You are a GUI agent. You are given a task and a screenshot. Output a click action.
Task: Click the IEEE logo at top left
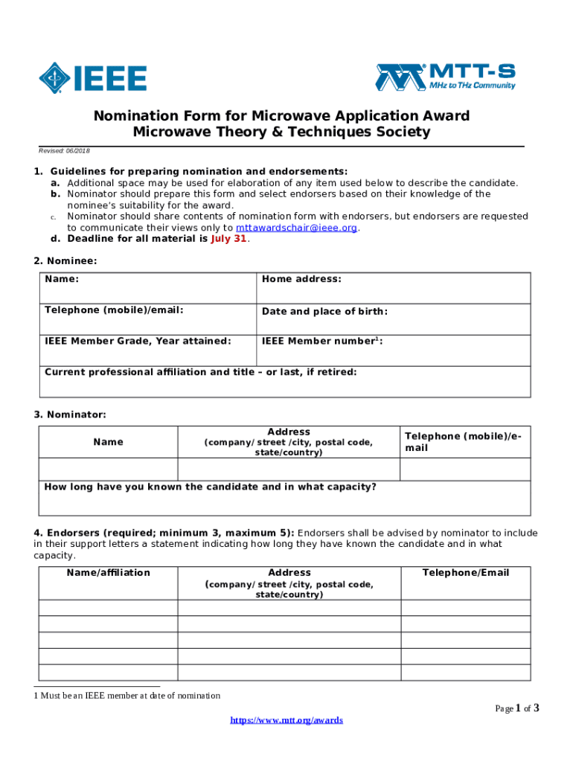(93, 77)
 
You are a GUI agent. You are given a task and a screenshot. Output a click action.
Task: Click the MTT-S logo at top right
(445, 77)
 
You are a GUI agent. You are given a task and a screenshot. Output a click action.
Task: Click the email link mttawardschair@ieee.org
(296, 228)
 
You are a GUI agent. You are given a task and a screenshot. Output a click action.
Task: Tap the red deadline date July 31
(228, 239)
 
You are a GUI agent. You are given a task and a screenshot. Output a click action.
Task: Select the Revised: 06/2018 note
(64, 150)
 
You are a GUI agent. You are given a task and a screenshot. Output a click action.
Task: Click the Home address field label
(301, 279)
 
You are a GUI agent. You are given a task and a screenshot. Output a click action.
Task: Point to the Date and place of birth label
(324, 311)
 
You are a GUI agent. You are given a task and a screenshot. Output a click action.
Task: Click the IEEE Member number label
(322, 341)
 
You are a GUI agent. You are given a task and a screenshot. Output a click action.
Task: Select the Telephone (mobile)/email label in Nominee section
(114, 310)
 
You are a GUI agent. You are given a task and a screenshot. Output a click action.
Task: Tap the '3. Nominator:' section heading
(69, 414)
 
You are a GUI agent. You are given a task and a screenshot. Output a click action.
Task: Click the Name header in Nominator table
(108, 442)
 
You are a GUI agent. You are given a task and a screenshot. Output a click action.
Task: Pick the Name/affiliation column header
(108, 572)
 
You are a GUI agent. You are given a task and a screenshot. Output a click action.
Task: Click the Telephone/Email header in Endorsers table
(466, 572)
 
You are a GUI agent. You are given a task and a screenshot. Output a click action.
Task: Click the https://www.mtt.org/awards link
(286, 720)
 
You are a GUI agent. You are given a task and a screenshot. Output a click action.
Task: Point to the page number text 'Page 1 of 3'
(516, 708)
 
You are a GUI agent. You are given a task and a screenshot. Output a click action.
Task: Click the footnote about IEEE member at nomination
(127, 696)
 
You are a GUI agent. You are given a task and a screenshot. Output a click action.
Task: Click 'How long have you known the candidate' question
(211, 487)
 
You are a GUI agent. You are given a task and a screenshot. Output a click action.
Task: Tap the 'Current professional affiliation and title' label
(201, 371)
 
